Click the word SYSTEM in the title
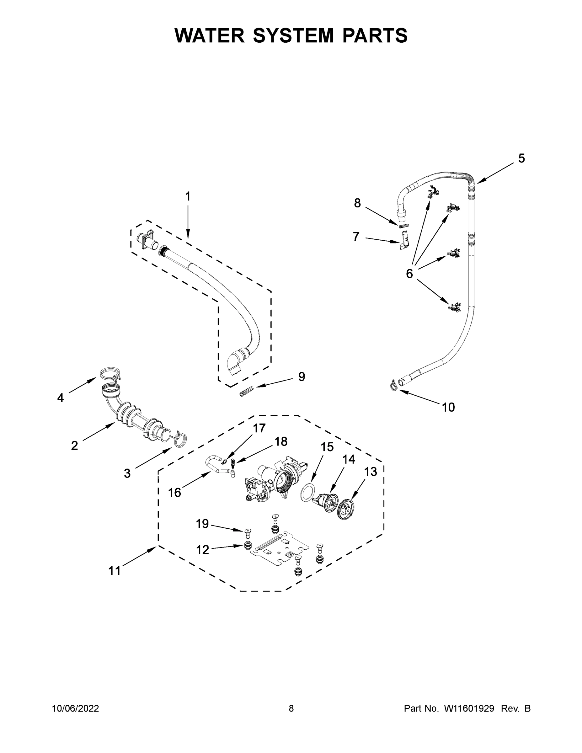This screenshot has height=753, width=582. [x=293, y=35]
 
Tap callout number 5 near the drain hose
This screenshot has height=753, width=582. [x=521, y=158]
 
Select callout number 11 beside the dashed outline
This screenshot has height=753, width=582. [x=115, y=571]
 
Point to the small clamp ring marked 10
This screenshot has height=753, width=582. [x=393, y=386]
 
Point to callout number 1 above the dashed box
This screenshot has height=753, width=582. [x=188, y=197]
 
